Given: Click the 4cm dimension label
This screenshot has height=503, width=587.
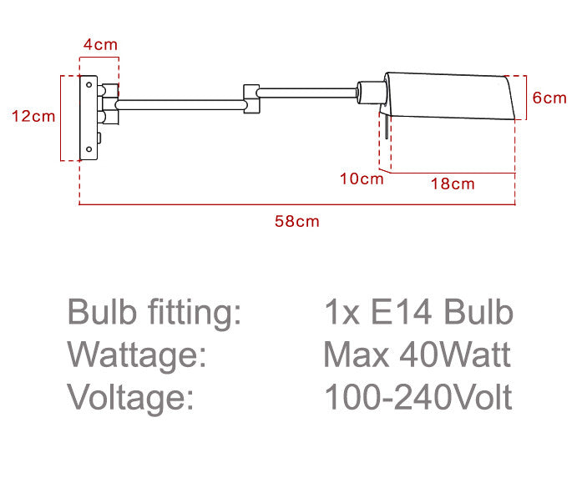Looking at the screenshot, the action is pos(100,45).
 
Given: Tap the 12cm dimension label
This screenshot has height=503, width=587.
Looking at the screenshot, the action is pos(33,116).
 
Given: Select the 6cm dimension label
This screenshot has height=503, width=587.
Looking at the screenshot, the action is pos(549,98).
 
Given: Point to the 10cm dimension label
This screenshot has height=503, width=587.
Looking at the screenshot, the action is pos(362,179).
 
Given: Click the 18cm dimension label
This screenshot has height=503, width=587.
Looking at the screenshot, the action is pos(453,184).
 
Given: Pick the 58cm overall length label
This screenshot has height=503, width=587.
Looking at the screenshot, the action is pos(297,221).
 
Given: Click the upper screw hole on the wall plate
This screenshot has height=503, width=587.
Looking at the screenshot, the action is pos(89,84).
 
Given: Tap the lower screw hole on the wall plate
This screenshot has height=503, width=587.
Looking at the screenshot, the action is pos(89,149).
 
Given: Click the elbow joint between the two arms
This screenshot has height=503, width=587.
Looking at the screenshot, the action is pos(251,99).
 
